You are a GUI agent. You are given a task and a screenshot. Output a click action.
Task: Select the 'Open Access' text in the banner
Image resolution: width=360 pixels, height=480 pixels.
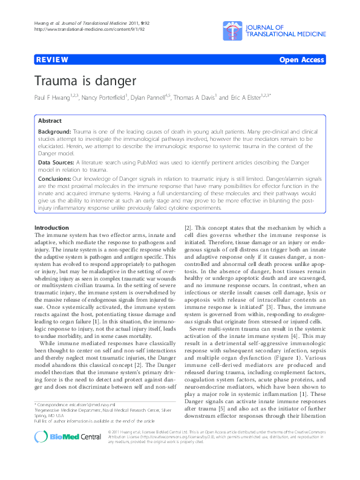[x=301, y=60]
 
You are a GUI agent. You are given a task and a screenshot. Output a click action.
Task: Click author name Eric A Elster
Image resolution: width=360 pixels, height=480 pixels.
[x=247, y=97]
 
